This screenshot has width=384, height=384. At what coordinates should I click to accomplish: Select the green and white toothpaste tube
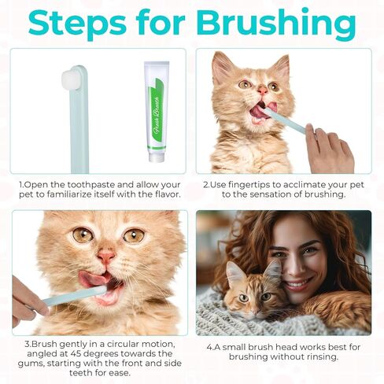(x=157, y=112)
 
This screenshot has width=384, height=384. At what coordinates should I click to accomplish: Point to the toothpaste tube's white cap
(x=157, y=157)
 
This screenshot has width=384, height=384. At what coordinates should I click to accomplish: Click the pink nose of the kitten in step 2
(x=263, y=90)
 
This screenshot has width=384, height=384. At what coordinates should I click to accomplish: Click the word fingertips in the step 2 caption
(x=249, y=185)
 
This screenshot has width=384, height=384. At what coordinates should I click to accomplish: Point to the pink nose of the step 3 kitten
(x=106, y=257)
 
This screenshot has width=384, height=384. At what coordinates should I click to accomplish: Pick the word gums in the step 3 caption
(x=28, y=364)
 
